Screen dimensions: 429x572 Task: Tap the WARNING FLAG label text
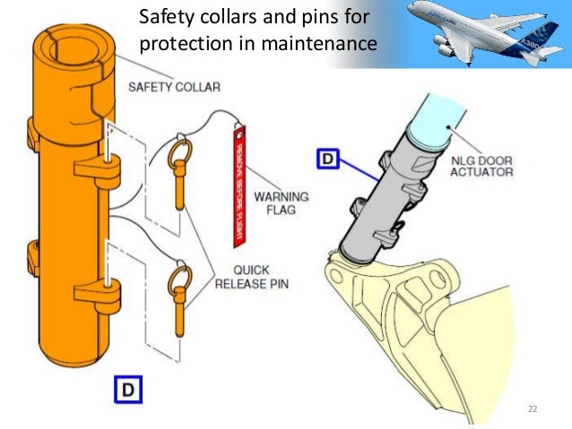click(281, 203)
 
